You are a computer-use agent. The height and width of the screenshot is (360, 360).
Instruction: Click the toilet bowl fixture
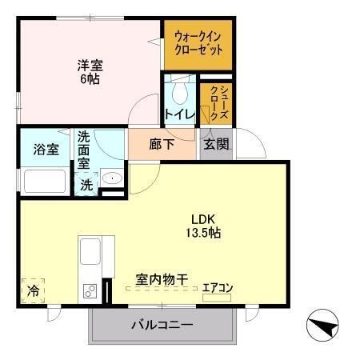point(178,88)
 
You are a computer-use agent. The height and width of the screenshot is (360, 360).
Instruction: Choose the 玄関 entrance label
point(216,145)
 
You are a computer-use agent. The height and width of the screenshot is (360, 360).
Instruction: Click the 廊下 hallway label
point(162,146)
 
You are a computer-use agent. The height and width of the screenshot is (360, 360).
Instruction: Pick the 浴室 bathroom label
point(46,150)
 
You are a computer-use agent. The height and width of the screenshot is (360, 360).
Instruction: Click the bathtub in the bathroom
point(46,180)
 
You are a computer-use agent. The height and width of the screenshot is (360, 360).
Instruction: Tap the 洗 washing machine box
point(86,183)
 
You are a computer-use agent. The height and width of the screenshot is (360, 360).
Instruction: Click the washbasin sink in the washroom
point(112,179)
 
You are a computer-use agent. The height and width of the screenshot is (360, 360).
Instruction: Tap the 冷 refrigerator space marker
point(34,288)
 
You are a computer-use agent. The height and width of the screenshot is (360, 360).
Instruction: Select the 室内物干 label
point(161,279)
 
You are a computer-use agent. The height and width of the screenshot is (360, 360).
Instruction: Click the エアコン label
point(217,286)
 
